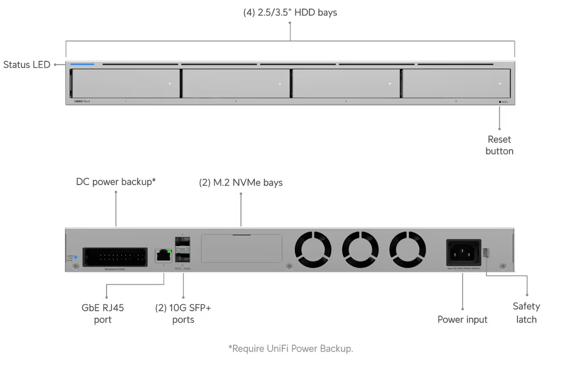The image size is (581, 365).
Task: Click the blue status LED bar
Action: [82, 65]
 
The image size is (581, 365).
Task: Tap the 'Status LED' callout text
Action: [27, 65]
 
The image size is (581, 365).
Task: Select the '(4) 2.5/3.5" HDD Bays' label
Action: [290, 13]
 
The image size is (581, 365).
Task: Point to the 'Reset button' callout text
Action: [500, 145]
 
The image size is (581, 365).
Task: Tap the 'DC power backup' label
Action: [116, 182]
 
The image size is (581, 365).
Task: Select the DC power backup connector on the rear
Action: [115, 255]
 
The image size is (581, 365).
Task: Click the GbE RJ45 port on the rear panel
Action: [162, 255]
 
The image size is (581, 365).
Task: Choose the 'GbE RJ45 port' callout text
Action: [102, 313]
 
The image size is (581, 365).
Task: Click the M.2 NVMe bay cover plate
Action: [241, 249]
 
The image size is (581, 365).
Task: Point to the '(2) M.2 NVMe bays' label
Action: [241, 183]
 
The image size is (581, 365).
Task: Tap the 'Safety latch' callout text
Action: [528, 312]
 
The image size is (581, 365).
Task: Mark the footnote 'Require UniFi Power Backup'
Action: [290, 349]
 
